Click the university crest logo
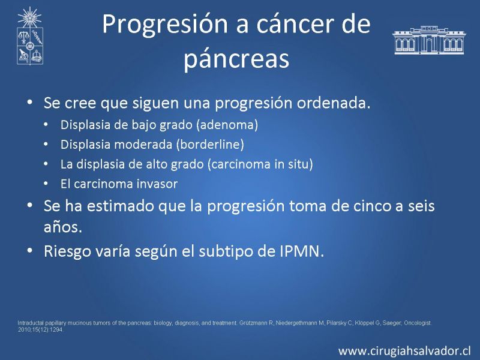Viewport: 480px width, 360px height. (29, 36)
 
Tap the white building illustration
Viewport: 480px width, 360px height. (429, 40)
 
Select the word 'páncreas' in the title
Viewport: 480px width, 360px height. (236, 59)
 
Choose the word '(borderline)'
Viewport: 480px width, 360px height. (210, 145)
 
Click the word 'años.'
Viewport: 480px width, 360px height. (63, 227)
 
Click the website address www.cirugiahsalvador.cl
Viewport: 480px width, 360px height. (404, 351)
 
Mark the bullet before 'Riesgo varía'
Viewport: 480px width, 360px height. (29, 250)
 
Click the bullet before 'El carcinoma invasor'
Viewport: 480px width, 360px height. (46, 184)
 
